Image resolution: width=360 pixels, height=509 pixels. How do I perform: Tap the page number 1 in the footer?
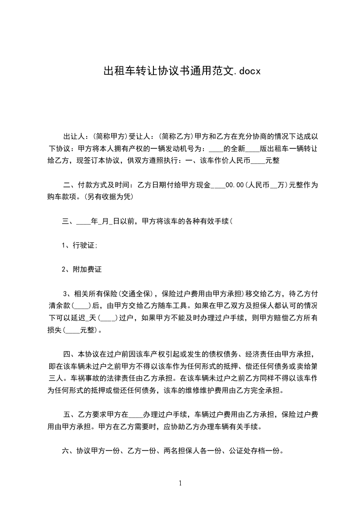point(180,483)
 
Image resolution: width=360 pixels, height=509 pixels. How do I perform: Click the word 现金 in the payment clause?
point(204,185)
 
